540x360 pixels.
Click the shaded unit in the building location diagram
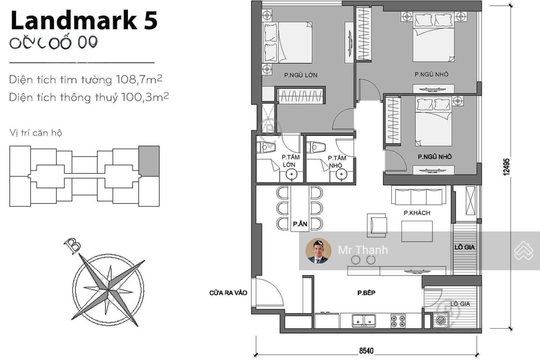pyautogui.click(x=149, y=161)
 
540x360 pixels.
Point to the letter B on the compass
pyautogui.click(x=72, y=246)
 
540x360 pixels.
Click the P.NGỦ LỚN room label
pyautogui.click(x=300, y=75)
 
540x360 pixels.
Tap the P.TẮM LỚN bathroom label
pyautogui.click(x=290, y=161)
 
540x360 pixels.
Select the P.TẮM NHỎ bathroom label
pyautogui.click(x=336, y=162)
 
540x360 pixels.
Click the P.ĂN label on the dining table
pyautogui.click(x=300, y=224)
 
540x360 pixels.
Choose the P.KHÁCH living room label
pyautogui.click(x=417, y=213)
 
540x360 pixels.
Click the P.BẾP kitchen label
pyautogui.click(x=366, y=293)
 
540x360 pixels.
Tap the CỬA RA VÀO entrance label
pyautogui.click(x=228, y=293)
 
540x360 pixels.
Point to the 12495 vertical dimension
pyautogui.click(x=506, y=167)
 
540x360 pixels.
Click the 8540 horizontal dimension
pyautogui.click(x=366, y=351)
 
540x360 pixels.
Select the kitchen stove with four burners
pyautogui.click(x=398, y=321)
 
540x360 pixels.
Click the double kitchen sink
pyautogui.click(x=364, y=320)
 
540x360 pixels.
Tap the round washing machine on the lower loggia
pyautogui.click(x=441, y=320)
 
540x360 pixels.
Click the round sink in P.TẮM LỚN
pyautogui.click(x=291, y=174)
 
